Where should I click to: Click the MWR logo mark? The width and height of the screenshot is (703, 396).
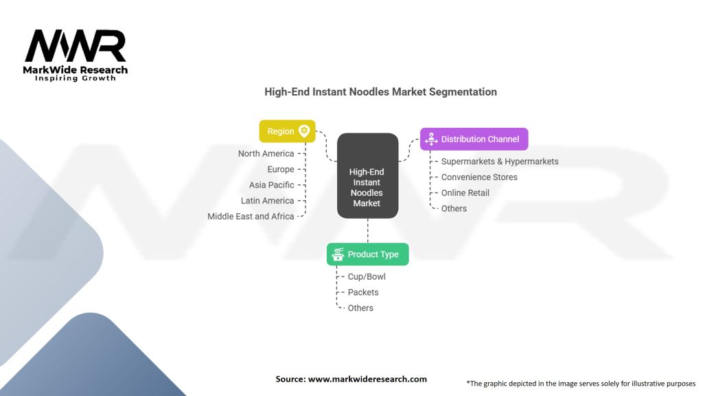76,46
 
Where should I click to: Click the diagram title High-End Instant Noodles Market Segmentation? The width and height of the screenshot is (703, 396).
380,91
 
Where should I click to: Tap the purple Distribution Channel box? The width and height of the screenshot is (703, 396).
474,139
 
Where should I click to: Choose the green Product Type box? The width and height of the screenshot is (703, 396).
367,254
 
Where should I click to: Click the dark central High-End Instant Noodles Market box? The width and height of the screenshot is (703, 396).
367,175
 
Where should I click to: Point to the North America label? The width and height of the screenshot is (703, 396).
266,153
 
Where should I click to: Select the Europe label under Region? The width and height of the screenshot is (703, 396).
281,169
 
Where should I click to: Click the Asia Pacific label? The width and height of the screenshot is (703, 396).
271,185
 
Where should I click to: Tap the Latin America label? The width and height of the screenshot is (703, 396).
267,201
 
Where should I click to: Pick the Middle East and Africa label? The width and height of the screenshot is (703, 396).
251,217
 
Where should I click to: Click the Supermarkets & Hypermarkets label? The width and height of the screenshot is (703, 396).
500,162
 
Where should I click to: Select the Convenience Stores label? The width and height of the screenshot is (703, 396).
479,177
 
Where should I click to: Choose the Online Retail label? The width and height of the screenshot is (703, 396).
465,193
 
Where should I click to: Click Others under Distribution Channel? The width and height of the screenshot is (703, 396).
454,208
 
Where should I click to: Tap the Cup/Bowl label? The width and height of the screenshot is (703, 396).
367,276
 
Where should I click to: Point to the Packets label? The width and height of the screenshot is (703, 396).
363,292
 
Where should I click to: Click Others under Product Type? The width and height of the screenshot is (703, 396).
360,308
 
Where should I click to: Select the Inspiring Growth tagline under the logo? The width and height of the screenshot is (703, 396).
76,78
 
